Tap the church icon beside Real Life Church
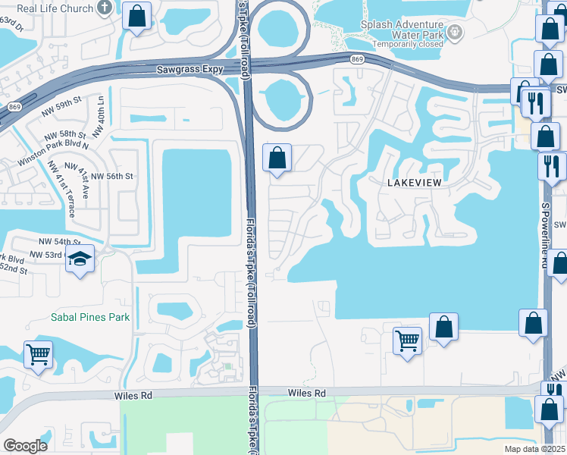tap(105, 8)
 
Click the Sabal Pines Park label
tap(91, 317)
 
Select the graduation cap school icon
tap(80, 259)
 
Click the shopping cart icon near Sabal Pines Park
tap(38, 353)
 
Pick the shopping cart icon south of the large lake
tap(408, 340)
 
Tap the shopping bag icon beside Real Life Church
tap(136, 16)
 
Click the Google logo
tap(26, 446)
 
